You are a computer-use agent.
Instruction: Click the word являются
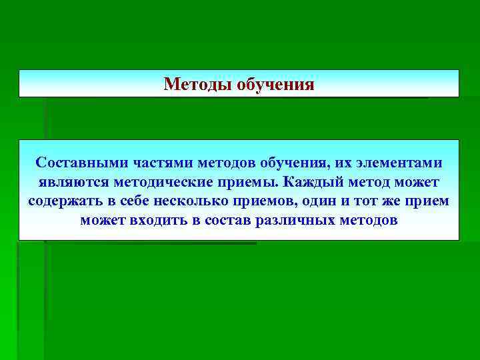tap(70, 182)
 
